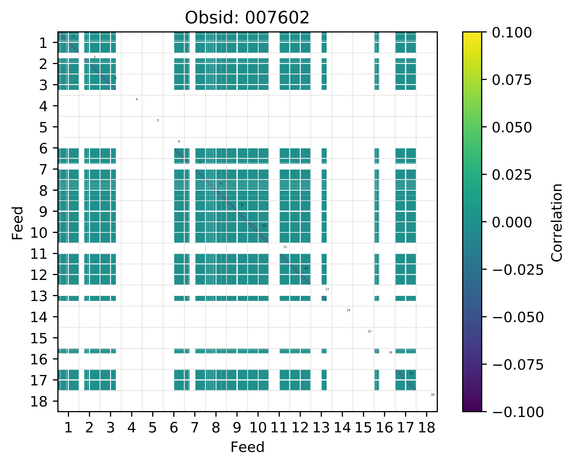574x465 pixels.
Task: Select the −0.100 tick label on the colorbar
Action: point(518,412)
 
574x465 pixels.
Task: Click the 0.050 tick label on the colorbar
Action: point(512,128)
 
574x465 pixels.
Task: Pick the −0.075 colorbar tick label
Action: point(518,365)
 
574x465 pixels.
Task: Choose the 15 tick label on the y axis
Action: point(39,338)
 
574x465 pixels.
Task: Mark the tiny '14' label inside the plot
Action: point(348,310)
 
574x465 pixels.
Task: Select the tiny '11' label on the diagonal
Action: point(285,247)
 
